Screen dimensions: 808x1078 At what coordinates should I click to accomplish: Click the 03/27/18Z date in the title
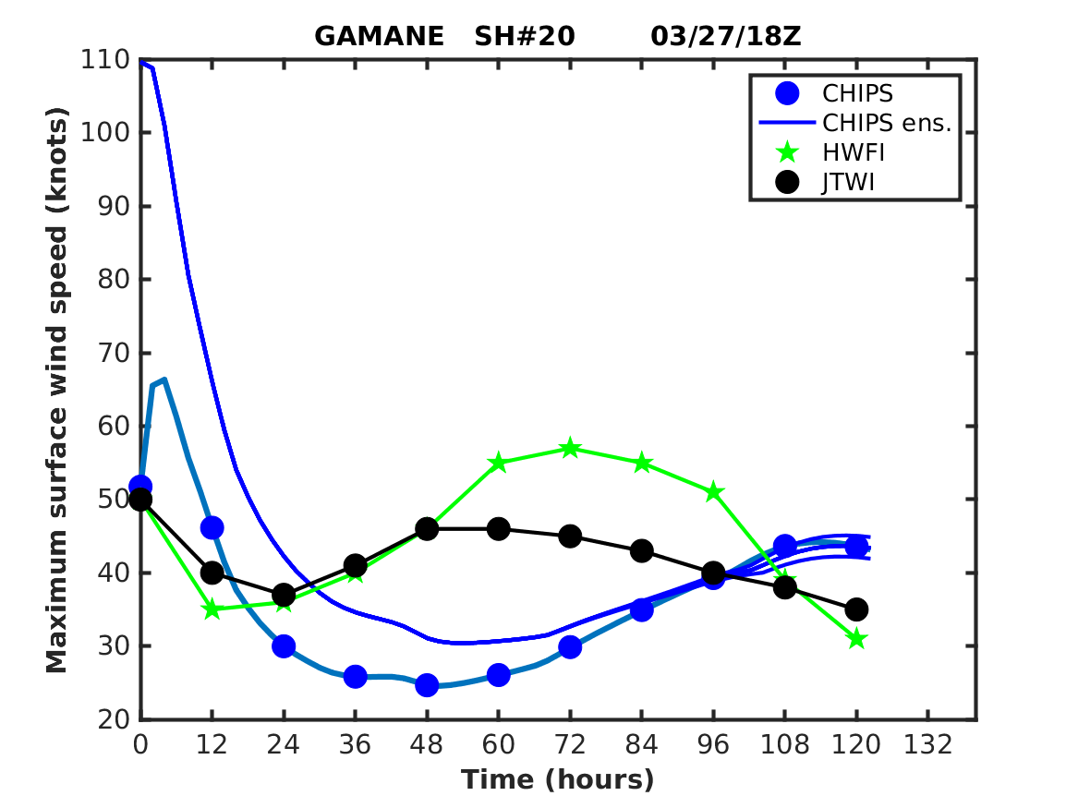click(x=725, y=36)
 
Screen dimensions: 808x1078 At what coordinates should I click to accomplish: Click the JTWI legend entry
click(x=848, y=182)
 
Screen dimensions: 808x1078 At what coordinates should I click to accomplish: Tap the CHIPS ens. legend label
click(x=886, y=123)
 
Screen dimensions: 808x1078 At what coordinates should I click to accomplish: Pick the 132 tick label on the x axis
click(x=927, y=744)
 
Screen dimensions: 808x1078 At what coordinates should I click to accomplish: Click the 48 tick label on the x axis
click(x=427, y=744)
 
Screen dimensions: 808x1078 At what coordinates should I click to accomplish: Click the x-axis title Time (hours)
click(x=558, y=779)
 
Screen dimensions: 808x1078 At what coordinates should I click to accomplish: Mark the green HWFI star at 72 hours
click(x=570, y=449)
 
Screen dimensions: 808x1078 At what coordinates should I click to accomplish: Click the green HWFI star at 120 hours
click(x=856, y=638)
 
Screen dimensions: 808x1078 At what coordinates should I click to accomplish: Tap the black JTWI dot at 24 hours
click(x=284, y=595)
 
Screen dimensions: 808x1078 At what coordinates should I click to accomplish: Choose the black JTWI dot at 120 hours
click(x=856, y=609)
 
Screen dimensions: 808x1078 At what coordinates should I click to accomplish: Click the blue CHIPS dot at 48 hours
click(x=427, y=685)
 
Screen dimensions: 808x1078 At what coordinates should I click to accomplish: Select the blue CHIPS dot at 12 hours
click(x=212, y=528)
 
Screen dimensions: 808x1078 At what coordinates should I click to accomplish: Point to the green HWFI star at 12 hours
click(x=212, y=609)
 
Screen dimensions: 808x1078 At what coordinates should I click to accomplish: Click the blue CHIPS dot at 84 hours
click(x=642, y=609)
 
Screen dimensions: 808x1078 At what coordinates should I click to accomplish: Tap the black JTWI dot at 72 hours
click(x=570, y=537)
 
